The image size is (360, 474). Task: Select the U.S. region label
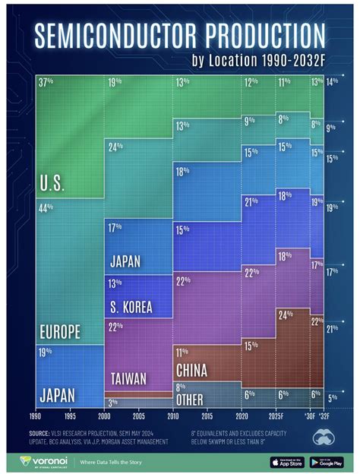(x=52, y=184)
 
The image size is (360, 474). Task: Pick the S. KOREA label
(x=130, y=308)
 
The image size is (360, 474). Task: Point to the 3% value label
(x=112, y=402)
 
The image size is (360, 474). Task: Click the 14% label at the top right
(x=332, y=81)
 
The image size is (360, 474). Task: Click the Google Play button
(x=326, y=461)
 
